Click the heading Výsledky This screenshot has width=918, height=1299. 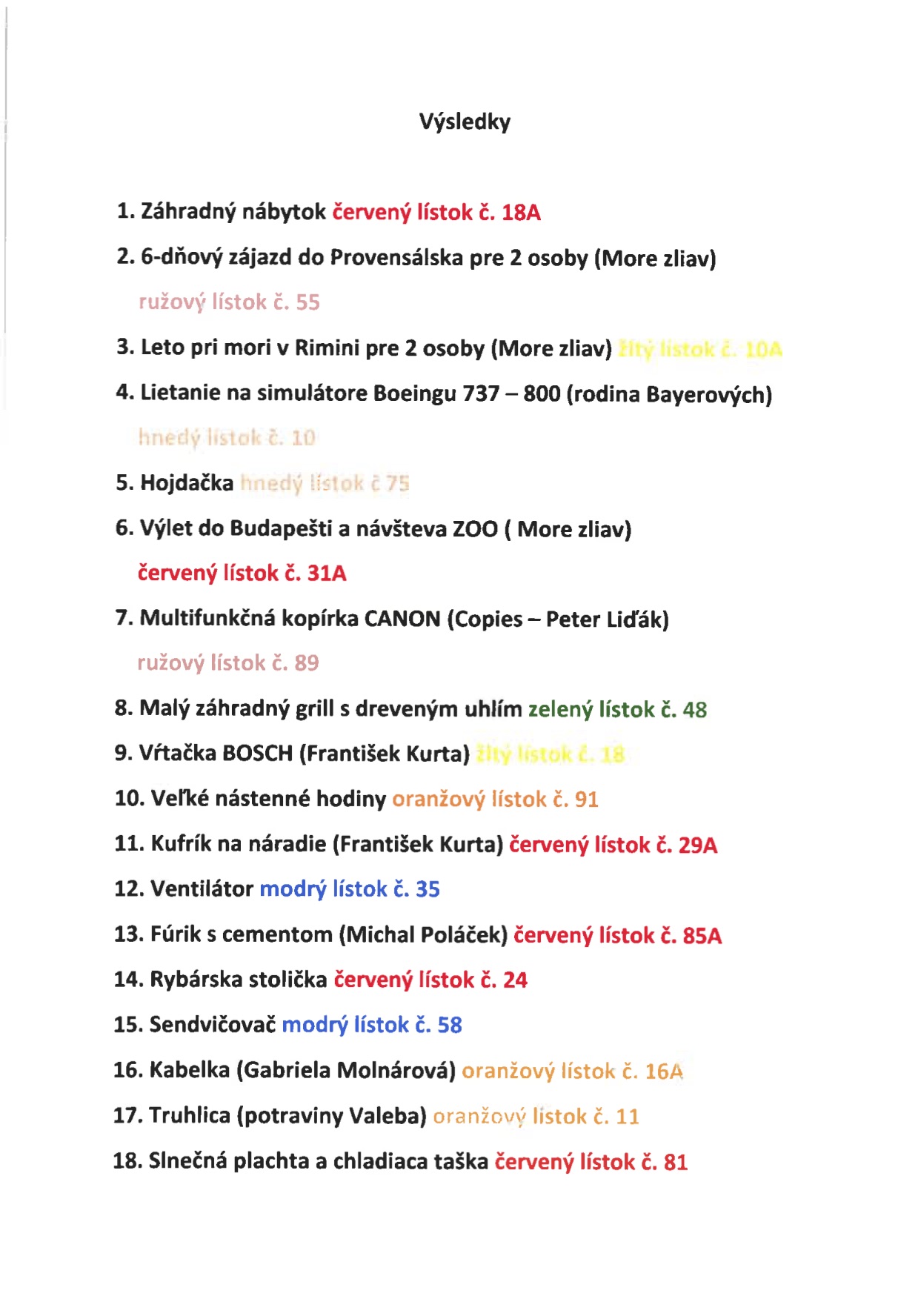(x=465, y=122)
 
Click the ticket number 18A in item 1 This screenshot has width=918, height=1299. (x=521, y=213)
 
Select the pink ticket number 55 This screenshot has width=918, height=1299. (x=307, y=302)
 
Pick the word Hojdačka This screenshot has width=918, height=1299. (x=187, y=483)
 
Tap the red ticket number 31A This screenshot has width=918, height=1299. (x=327, y=574)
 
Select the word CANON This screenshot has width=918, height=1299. (x=402, y=618)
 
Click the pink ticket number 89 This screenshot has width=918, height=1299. (x=307, y=662)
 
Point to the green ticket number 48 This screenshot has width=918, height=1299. (x=694, y=710)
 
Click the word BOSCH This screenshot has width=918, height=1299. (x=258, y=754)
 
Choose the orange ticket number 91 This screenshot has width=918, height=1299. (x=586, y=800)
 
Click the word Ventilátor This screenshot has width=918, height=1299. (x=202, y=888)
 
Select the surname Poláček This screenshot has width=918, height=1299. (x=464, y=934)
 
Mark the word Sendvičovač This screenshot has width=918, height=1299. (x=213, y=1025)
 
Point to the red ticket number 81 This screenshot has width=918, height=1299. (x=675, y=1162)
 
